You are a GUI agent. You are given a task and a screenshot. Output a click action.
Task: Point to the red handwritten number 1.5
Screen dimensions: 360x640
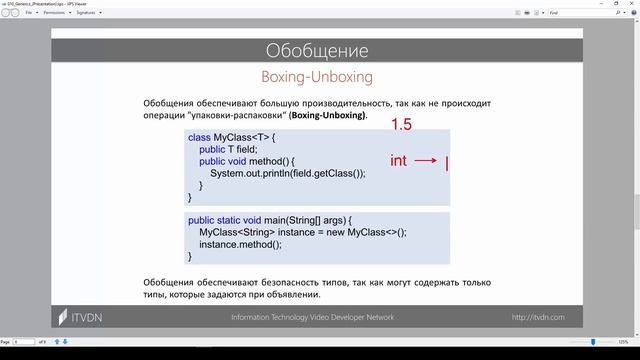(401, 125)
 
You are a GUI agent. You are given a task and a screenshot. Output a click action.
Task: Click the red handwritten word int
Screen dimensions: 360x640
(398, 161)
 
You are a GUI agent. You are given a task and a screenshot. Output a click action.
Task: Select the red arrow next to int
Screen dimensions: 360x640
(424, 161)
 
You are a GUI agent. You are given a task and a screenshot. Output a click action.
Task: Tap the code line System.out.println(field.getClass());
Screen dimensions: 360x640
(288, 173)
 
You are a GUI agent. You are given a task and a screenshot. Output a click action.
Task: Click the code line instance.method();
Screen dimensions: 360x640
(240, 244)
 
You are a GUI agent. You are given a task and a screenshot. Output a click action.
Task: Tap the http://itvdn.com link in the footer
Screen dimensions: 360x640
(538, 317)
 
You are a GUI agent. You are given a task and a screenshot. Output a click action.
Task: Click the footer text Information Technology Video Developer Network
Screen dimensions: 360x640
(312, 317)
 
